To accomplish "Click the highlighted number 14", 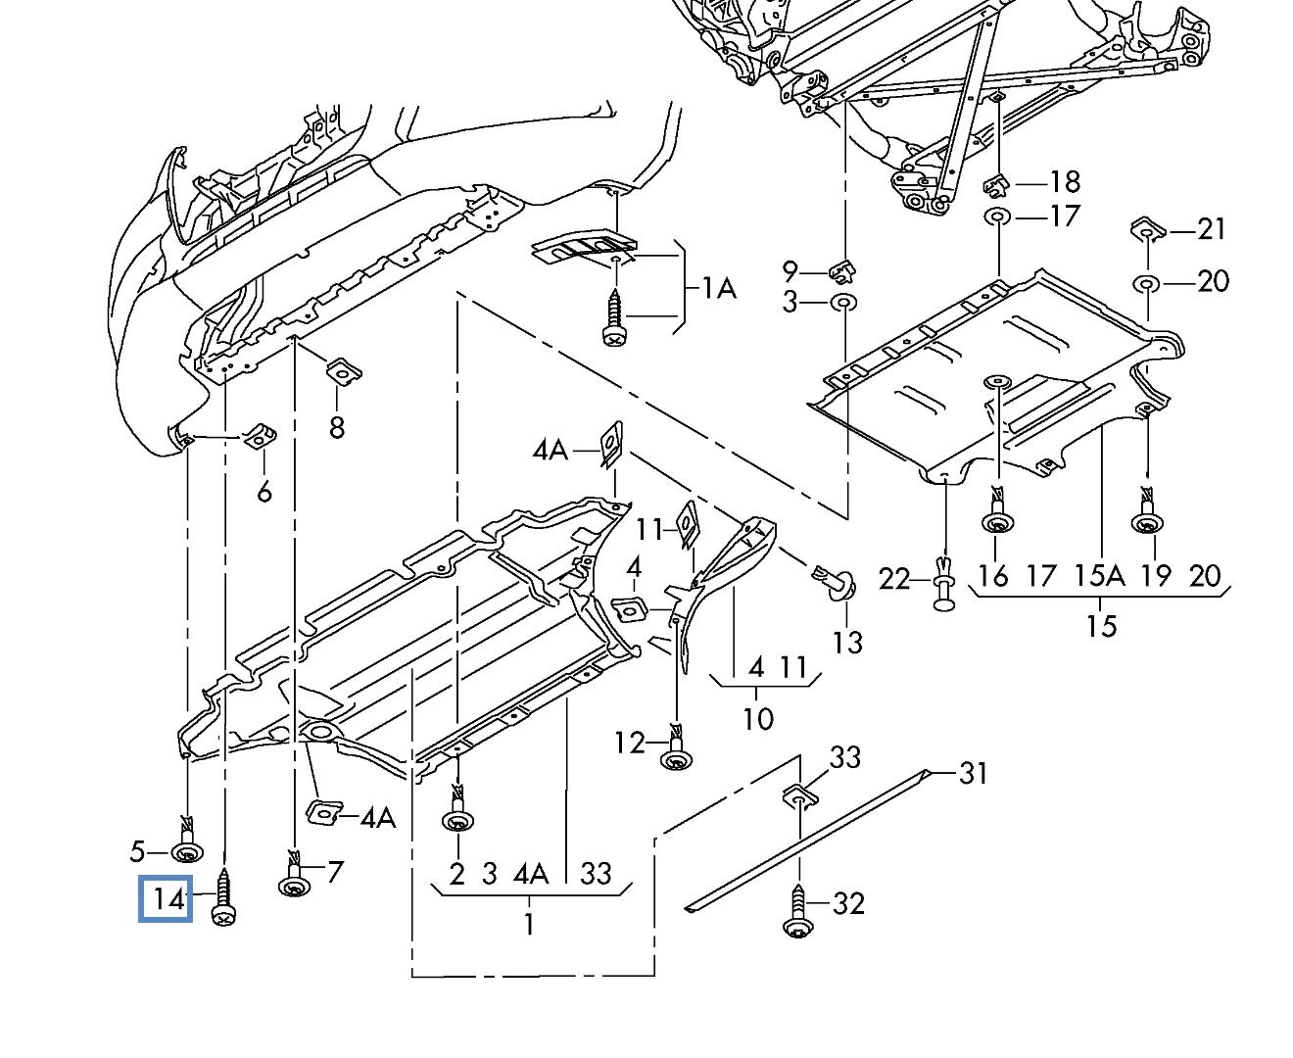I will [167, 898].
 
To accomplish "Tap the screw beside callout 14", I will [224, 897].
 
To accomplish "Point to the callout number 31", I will [973, 774].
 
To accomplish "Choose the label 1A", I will [718, 288].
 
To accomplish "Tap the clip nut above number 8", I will [343, 372].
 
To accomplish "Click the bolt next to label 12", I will [675, 749].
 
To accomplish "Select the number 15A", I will [1100, 575].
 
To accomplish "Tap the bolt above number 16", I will [996, 514].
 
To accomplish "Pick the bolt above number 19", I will [1146, 514].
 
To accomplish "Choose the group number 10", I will [757, 718].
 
